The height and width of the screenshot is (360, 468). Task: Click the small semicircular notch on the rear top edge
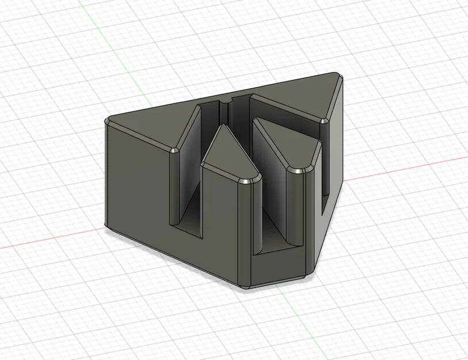pos(225,101)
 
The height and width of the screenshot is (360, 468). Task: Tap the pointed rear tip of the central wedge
pos(225,125)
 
